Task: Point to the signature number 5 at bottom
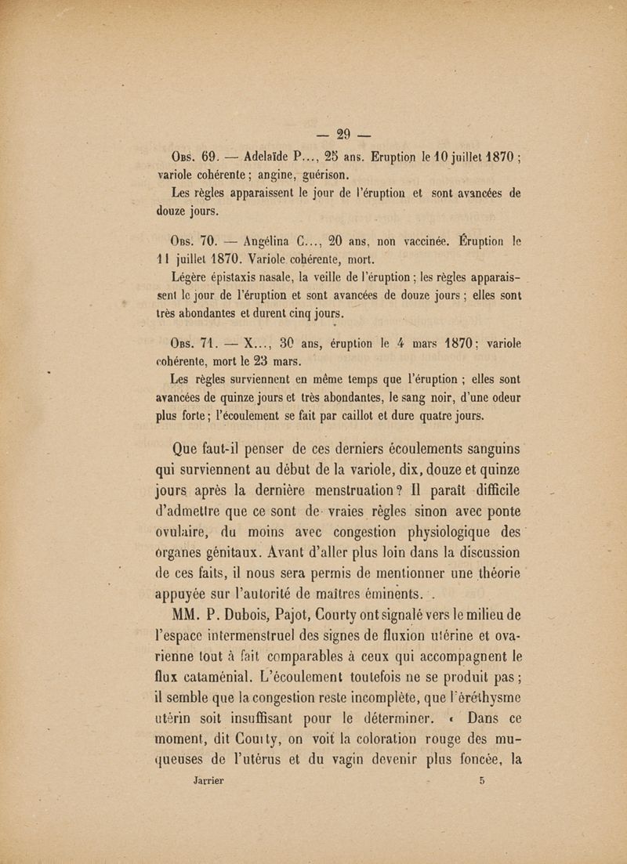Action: (482, 781)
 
